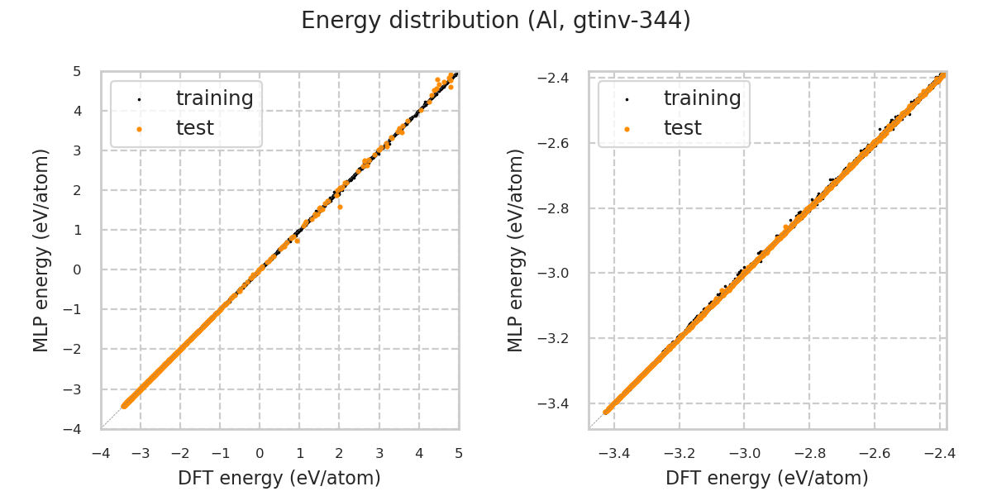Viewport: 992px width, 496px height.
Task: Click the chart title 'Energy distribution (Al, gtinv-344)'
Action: (x=496, y=21)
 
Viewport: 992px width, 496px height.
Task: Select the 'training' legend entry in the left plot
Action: (x=214, y=98)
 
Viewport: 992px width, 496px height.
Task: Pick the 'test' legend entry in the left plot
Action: (x=194, y=128)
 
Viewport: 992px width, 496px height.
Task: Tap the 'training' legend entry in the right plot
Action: (x=702, y=98)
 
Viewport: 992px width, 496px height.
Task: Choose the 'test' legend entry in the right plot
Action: (x=682, y=128)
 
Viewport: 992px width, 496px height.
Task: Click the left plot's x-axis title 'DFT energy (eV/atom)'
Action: (x=279, y=478)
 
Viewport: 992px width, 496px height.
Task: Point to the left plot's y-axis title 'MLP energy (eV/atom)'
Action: (x=41, y=250)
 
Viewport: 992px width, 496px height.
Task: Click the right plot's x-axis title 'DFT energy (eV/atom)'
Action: (x=767, y=478)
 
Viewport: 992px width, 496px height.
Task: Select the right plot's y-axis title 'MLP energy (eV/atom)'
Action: (x=516, y=250)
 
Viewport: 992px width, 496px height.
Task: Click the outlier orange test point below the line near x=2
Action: (x=340, y=207)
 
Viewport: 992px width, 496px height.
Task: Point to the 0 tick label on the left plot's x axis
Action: (x=260, y=453)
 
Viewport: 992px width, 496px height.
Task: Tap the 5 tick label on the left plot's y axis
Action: (x=77, y=71)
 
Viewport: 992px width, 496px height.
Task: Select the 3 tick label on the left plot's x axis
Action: (x=379, y=453)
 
